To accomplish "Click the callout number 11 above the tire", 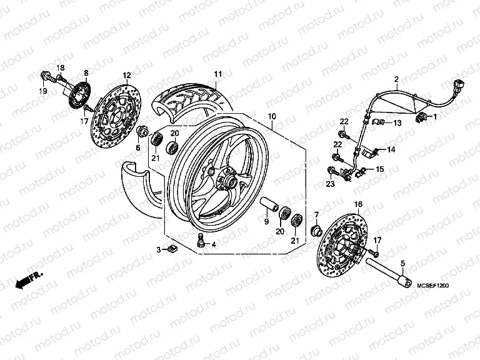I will coord(217,74).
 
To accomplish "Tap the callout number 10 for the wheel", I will coord(272,117).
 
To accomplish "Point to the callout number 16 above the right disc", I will coord(358,204).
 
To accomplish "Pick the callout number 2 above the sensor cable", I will coord(396,79).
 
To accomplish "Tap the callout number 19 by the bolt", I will coord(44,92).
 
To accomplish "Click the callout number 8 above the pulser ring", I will coord(86,72).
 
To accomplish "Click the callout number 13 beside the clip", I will coord(396,124).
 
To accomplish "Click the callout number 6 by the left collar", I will coord(139,147).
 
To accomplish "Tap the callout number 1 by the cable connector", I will coord(436,117).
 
